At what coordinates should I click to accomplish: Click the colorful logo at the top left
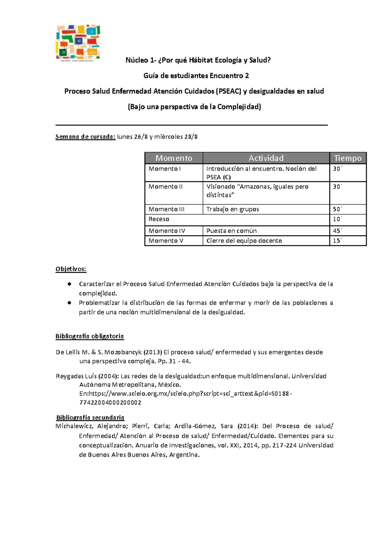coord(78,42)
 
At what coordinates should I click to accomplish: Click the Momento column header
coord(174,158)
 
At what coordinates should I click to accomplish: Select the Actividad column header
coord(266,158)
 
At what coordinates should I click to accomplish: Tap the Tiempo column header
coord(348,158)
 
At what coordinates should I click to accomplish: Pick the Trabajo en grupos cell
coord(232,209)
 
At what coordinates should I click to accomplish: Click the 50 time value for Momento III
coord(337,209)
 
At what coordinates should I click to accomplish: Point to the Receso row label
coord(159,219)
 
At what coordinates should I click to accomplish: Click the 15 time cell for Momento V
coord(337,241)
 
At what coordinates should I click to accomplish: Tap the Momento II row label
coord(165,187)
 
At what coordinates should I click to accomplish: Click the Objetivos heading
coord(71,269)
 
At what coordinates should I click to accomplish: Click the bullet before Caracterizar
coord(69,284)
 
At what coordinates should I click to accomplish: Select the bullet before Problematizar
coord(69,303)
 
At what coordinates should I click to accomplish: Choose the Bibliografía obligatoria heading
coord(89,336)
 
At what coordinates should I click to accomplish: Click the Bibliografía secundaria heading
coord(90,417)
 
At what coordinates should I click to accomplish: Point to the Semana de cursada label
coord(85,137)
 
